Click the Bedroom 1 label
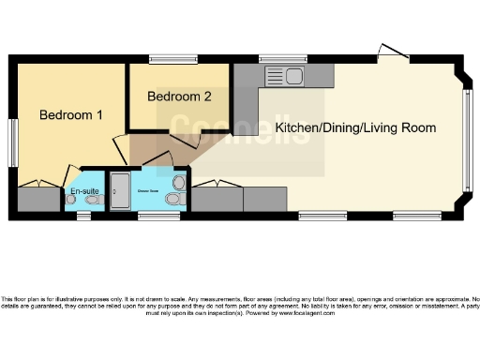(x=70, y=115)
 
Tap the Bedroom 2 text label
(x=179, y=96)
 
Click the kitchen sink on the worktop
(x=286, y=76)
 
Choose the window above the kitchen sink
(x=276, y=59)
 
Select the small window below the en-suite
(x=84, y=217)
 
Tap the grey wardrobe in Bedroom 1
(x=37, y=199)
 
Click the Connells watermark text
(x=240, y=129)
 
